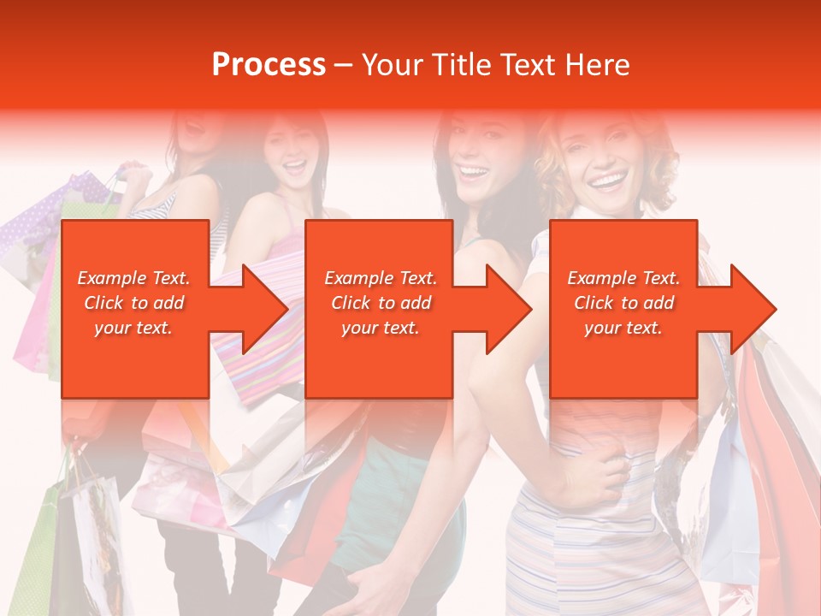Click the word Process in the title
[x=269, y=64]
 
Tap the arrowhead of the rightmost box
[x=749, y=309]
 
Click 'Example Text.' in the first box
[x=133, y=278]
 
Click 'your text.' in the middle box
[x=380, y=328]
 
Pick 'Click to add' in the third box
[x=623, y=303]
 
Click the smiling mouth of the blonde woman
[x=608, y=181]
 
